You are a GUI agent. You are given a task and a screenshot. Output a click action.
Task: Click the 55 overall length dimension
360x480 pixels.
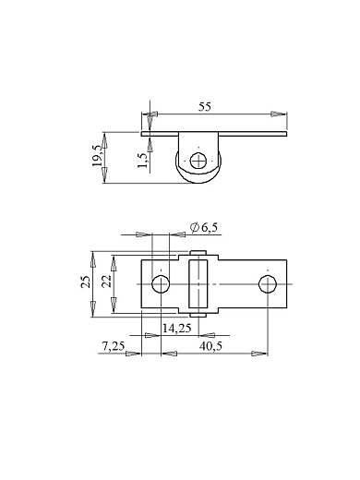(x=205, y=107)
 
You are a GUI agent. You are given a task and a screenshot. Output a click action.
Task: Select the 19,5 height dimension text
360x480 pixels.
(x=98, y=156)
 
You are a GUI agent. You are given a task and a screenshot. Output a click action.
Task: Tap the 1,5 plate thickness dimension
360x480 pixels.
(x=143, y=160)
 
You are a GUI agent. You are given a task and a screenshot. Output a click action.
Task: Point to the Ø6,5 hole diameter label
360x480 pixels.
(x=204, y=227)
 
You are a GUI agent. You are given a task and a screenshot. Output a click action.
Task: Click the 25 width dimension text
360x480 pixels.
(x=86, y=282)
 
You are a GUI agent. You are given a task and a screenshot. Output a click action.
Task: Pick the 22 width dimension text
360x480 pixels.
(x=106, y=282)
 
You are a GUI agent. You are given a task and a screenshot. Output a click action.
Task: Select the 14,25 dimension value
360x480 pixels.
(x=177, y=329)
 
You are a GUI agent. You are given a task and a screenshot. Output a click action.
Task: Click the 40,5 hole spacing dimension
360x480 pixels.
(x=210, y=346)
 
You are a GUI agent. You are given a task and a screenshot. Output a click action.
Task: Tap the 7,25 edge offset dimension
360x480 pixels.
(x=114, y=346)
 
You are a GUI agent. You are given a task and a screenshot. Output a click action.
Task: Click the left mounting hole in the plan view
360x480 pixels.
(x=161, y=284)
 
